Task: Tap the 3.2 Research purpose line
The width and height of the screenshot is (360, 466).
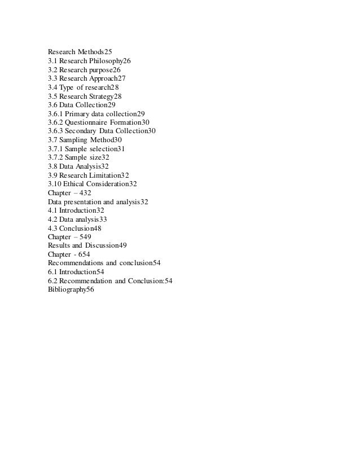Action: (84, 69)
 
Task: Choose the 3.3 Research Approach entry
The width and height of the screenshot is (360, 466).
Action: (87, 78)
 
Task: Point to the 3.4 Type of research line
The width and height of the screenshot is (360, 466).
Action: (84, 87)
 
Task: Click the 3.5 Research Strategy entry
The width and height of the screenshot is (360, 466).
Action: (85, 96)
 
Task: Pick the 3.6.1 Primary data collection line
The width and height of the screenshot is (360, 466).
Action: (96, 113)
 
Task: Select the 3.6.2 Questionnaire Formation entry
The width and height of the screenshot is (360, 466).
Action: (99, 122)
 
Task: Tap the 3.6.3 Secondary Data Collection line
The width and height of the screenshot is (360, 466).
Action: (102, 131)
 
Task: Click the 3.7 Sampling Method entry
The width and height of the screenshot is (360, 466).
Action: (85, 140)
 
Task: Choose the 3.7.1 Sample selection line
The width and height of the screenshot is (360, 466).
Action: (86, 148)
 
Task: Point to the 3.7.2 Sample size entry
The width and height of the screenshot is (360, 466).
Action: (78, 157)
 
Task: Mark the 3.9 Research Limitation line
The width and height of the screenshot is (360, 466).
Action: (89, 175)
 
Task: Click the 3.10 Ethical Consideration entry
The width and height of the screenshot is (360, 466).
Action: (93, 184)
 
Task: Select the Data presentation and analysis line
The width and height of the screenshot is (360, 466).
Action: (98, 201)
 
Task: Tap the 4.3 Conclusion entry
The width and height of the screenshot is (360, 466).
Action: (74, 228)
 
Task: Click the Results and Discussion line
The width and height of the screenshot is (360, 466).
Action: (87, 245)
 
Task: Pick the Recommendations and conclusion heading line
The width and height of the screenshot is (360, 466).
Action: (104, 263)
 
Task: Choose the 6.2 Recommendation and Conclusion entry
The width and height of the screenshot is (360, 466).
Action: (110, 280)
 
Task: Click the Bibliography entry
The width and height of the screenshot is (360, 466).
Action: (71, 289)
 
